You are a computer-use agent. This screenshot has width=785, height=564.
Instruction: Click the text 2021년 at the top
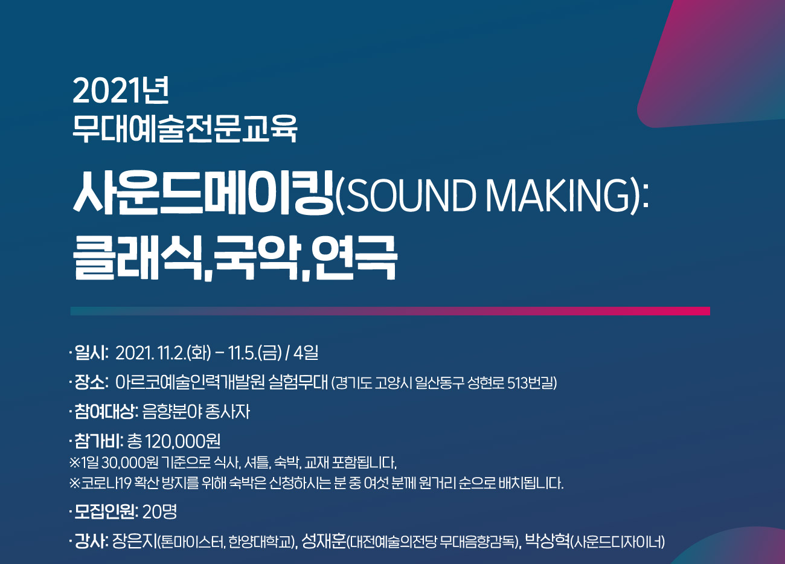coord(121,91)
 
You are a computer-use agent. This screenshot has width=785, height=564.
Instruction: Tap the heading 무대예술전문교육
coord(185,129)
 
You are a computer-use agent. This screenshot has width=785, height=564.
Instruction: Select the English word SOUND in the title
coord(411,195)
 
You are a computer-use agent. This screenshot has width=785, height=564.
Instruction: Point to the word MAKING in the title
coord(558,195)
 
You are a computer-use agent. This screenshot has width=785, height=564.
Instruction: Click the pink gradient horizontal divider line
coord(390,311)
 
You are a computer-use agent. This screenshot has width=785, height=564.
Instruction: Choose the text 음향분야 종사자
coord(196,412)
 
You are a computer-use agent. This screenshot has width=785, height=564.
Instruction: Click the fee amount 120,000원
coord(182,441)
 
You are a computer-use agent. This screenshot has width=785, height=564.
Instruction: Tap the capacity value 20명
coord(160,512)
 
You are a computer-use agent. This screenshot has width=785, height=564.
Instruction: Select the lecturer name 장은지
coord(135,542)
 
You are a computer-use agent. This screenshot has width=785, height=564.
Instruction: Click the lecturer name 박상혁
coord(548,542)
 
